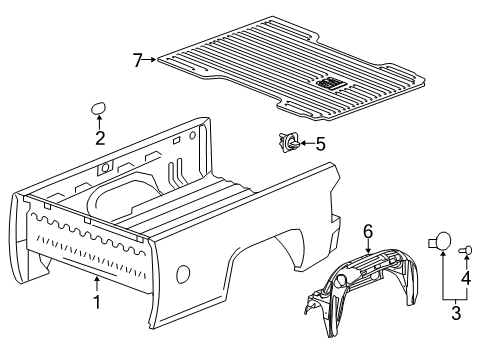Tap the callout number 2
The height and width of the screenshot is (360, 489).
click(99, 140)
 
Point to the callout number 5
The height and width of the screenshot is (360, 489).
click(320, 144)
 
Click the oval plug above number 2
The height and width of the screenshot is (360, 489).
click(99, 109)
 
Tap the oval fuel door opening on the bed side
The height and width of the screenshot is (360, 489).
click(183, 274)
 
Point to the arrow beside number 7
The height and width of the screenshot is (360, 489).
click(150, 60)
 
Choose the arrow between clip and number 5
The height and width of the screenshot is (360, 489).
click(305, 144)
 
